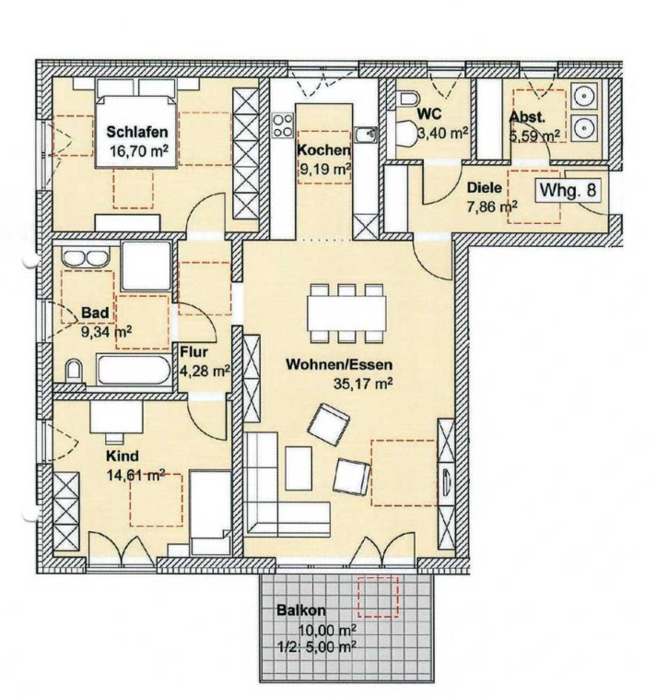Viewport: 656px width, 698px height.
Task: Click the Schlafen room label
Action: pyautogui.click(x=137, y=132)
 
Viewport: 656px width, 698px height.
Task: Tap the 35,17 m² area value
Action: pyautogui.click(x=363, y=384)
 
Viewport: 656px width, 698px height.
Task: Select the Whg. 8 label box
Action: pyautogui.click(x=568, y=190)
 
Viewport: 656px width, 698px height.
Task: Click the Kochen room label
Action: pyautogui.click(x=323, y=150)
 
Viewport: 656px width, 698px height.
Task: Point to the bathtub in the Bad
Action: pyautogui.click(x=134, y=369)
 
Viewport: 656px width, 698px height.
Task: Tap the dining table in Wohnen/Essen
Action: pyautogui.click(x=346, y=314)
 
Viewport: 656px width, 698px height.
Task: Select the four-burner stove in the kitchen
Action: pyautogui.click(x=283, y=125)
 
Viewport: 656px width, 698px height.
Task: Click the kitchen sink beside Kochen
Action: pyautogui.click(x=366, y=135)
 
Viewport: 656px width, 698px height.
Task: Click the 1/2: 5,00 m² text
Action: pyautogui.click(x=317, y=645)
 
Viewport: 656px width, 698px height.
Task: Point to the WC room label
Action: pyautogui.click(x=429, y=114)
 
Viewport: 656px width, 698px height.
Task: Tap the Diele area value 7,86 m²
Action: pyautogui.click(x=492, y=207)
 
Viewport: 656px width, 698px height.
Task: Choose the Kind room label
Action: pyautogui.click(x=123, y=456)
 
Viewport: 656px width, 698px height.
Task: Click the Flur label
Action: pyautogui.click(x=193, y=352)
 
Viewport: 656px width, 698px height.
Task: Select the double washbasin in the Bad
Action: pyautogui.click(x=86, y=258)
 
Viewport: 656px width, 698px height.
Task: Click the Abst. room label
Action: pyautogui.click(x=527, y=117)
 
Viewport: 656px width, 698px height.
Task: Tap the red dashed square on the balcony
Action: pyautogui.click(x=379, y=597)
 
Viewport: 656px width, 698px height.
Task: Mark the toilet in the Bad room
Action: pyautogui.click(x=74, y=372)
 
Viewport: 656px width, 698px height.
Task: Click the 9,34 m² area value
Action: pyautogui.click(x=107, y=332)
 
